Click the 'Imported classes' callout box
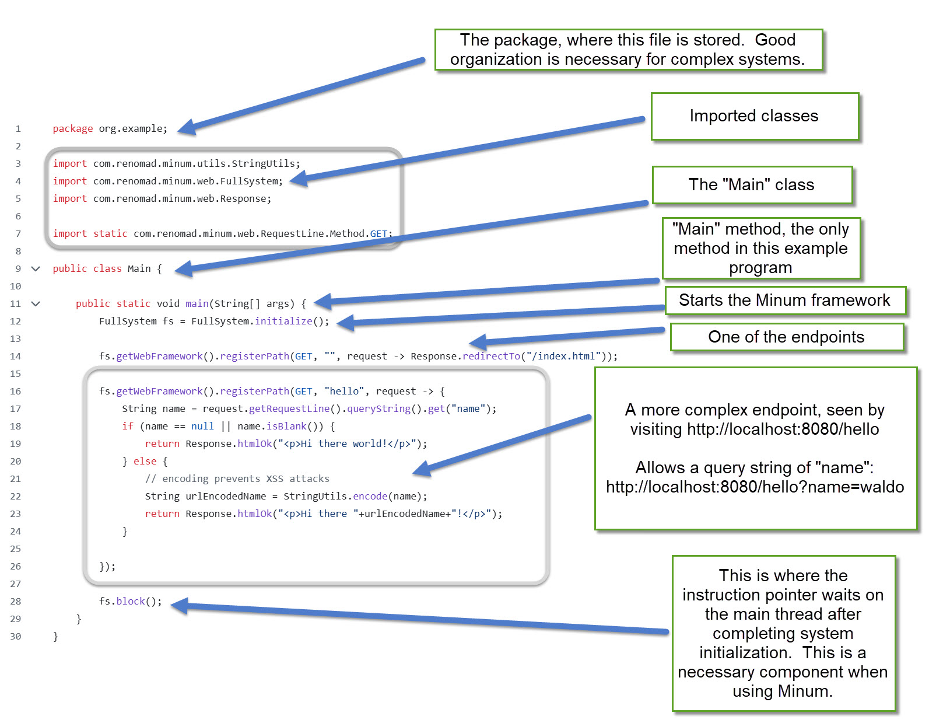[x=754, y=116]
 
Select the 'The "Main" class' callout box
[x=752, y=185]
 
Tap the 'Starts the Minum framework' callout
[x=784, y=301]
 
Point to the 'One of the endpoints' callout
[x=786, y=337]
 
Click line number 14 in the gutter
[x=16, y=356]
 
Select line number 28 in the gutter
[x=16, y=601]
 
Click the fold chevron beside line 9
[x=36, y=268]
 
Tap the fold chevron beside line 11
[x=36, y=303]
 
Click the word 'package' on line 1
[x=72, y=128]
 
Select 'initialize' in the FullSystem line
[x=283, y=321]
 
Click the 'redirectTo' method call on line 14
[x=491, y=356]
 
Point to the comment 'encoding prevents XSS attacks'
[x=237, y=478]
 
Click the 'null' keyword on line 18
[x=202, y=426]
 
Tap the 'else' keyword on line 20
[x=145, y=461]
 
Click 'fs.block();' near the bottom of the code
[x=130, y=601]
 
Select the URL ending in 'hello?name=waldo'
[x=755, y=487]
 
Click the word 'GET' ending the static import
[x=378, y=233]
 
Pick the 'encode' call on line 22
[x=370, y=496]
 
